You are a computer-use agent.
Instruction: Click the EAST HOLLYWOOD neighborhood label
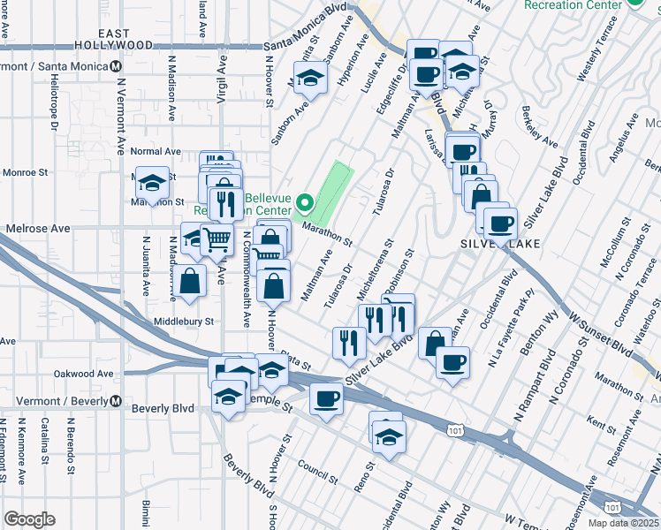(x=114, y=38)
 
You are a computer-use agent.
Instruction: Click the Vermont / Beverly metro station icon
(x=116, y=400)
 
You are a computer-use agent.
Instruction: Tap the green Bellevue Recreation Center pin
(x=305, y=205)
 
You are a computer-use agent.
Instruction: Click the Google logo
(x=29, y=519)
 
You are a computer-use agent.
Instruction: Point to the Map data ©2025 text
(x=624, y=523)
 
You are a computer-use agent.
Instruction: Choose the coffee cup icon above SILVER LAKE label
(x=500, y=222)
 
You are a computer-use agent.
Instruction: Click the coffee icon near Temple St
(x=326, y=399)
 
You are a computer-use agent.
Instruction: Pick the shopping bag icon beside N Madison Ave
(x=190, y=282)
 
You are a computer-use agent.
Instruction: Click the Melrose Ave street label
(x=38, y=228)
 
